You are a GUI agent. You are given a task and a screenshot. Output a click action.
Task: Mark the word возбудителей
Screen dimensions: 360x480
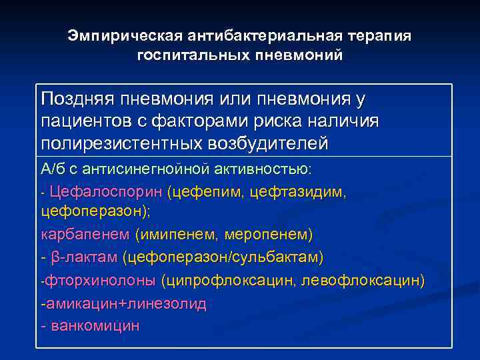[x=281, y=143]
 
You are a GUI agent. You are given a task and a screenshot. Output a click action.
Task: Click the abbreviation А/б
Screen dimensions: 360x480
[x=53, y=169]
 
